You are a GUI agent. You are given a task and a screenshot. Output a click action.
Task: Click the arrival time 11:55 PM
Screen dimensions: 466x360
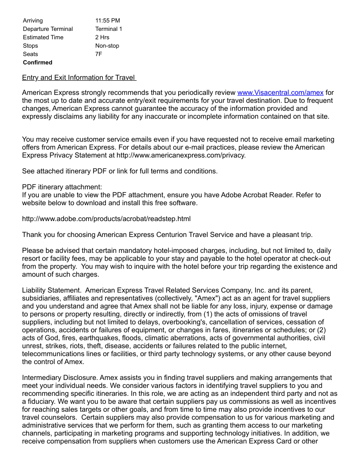coord(108,20)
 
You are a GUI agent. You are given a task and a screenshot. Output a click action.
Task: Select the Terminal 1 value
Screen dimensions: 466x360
coord(109,29)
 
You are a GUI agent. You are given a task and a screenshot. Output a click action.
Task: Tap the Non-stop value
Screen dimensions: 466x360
coord(107,45)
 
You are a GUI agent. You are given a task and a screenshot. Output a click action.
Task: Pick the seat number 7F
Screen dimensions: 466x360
coord(98,54)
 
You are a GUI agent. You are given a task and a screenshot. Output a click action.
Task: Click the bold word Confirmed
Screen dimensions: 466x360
coord(37,62)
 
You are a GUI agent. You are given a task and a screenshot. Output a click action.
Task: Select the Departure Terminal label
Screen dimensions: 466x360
coord(48,29)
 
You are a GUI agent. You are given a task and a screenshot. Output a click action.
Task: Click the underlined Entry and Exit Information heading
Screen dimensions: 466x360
coord(79,78)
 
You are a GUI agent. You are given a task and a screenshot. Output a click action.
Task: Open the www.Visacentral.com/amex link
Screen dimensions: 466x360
coord(280,93)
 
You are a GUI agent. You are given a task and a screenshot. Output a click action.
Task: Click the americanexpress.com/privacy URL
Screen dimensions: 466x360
coord(181,155)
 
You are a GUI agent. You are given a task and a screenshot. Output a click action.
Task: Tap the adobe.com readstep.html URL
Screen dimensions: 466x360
coord(106,219)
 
